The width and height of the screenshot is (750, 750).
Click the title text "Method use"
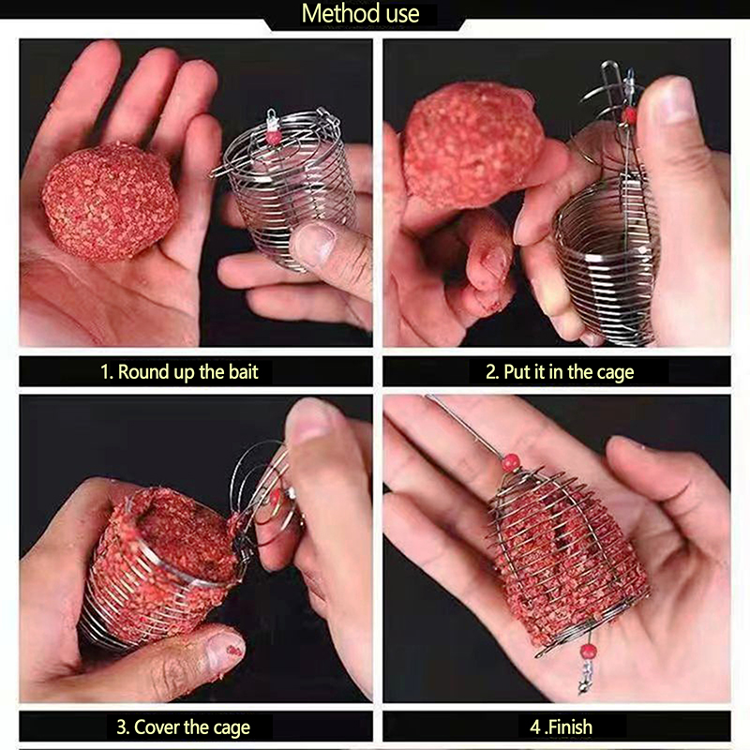(360, 13)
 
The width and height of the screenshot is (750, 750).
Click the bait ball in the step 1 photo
(110, 202)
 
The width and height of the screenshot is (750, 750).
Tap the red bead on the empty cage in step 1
(274, 137)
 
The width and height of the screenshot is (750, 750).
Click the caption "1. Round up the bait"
(179, 371)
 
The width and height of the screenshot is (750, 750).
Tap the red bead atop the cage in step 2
(629, 114)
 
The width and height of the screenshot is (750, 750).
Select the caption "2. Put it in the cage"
(560, 371)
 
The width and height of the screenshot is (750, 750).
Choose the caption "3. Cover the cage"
(183, 727)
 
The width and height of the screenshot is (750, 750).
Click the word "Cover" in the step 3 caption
(156, 727)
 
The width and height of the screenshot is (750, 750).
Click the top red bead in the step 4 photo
(511, 463)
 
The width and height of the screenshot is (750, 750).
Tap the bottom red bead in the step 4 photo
(588, 651)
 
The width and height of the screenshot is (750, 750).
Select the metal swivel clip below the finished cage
(584, 677)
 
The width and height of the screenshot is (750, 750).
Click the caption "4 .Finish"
(561, 727)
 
